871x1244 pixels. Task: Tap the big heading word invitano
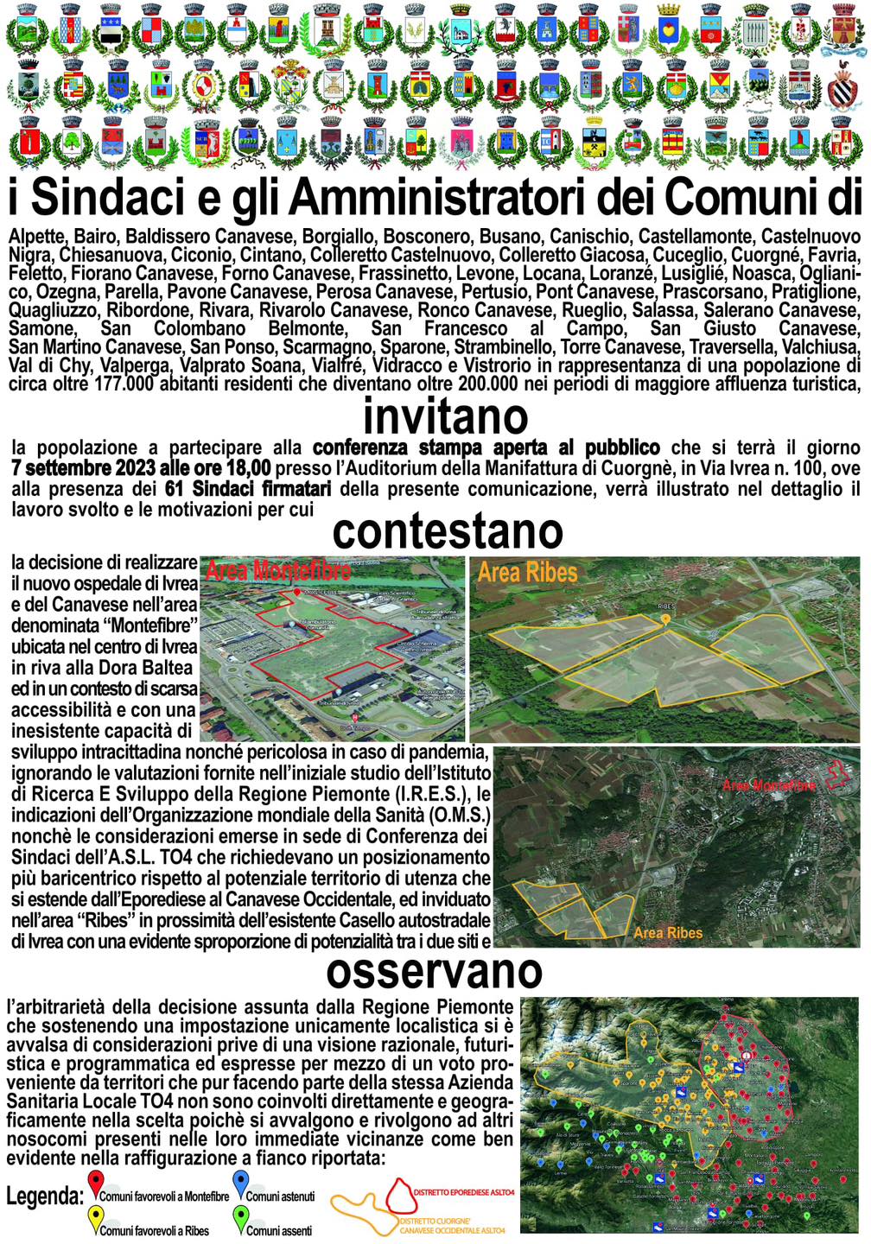(x=445, y=416)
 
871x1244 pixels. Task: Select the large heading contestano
(x=448, y=531)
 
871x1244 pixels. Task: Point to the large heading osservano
(x=435, y=971)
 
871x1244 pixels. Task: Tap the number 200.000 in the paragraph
(x=469, y=384)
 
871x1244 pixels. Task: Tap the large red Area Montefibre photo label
(x=278, y=570)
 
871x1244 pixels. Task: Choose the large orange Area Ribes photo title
(x=527, y=573)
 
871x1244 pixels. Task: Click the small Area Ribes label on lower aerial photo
(x=667, y=932)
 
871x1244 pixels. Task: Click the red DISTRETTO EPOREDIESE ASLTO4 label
(x=464, y=1193)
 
